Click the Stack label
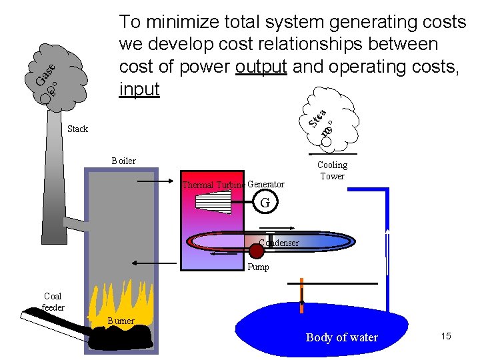click(77, 129)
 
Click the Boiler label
click(123, 161)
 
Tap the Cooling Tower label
click(332, 170)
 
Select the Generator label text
click(265, 184)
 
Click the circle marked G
click(265, 202)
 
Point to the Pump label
click(258, 267)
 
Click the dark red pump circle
click(257, 251)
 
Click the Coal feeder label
click(53, 302)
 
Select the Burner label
click(121, 321)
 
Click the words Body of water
click(341, 337)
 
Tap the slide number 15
click(445, 336)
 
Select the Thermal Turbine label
click(213, 185)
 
